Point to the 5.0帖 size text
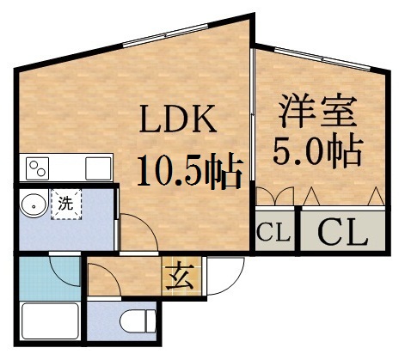pos(316,152)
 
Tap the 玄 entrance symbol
pos(181,277)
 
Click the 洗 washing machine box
pos(65,204)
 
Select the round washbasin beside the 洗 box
pos(33,205)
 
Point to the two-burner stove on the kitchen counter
pos(38,166)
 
